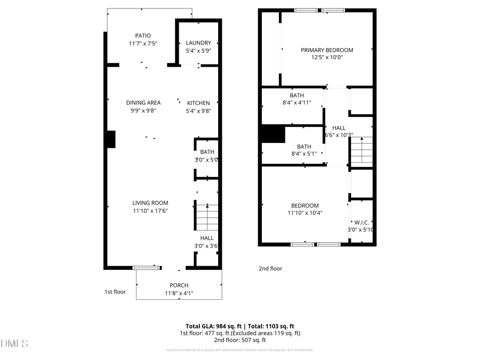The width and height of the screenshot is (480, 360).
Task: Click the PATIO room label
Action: pos(142,36)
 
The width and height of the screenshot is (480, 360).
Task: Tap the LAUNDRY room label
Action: pos(198,43)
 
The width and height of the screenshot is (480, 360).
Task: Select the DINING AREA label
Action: pos(143,102)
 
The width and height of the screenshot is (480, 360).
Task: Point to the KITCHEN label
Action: pos(198,103)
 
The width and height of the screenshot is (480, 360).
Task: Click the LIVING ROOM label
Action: pos(150,203)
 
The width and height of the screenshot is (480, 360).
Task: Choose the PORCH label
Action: pos(179,285)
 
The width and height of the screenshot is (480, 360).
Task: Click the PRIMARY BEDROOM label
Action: pos(326,50)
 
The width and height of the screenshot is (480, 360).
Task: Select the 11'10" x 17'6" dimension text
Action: pos(150,211)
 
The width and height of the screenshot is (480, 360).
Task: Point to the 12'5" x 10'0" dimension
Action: pos(326,58)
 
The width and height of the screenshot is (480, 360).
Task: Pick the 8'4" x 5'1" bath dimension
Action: pos(303,154)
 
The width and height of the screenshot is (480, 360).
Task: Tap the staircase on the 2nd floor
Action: pos(361,150)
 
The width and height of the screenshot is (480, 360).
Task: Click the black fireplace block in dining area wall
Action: pos(110,139)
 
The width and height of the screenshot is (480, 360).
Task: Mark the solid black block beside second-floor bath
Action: pos(273,134)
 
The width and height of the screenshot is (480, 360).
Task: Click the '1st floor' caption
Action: pos(115,292)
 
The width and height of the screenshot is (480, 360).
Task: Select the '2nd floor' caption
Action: pos(270,269)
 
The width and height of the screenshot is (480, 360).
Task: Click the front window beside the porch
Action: pos(147,267)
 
